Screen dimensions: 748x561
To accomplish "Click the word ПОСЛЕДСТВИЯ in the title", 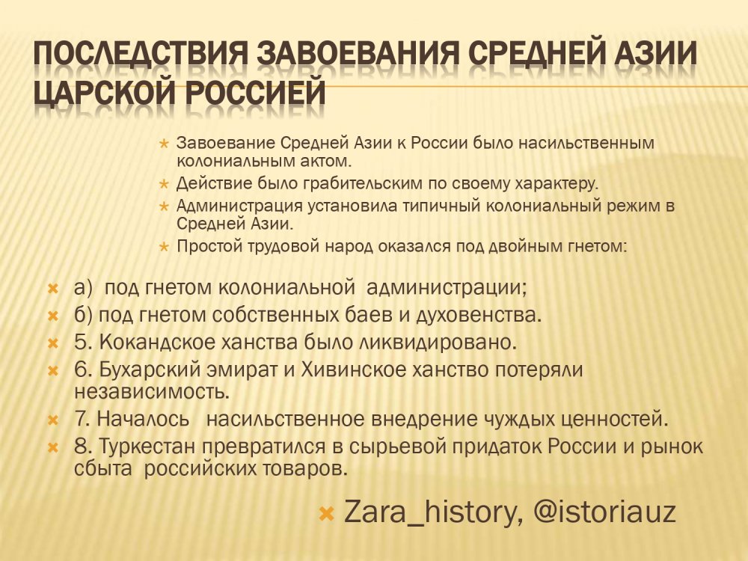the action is (x=141, y=52).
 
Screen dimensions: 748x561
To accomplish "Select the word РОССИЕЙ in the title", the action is (x=255, y=91).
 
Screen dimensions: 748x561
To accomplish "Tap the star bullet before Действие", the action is (x=164, y=184).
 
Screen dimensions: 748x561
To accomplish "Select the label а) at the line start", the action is (x=83, y=288).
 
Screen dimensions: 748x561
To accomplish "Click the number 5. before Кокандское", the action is (x=83, y=343).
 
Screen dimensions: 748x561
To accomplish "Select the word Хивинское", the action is (x=353, y=370).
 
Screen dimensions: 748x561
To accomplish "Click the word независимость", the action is (x=152, y=392).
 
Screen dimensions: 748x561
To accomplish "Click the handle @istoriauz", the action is (x=604, y=512).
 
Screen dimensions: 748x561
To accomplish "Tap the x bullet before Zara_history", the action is (x=326, y=514).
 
